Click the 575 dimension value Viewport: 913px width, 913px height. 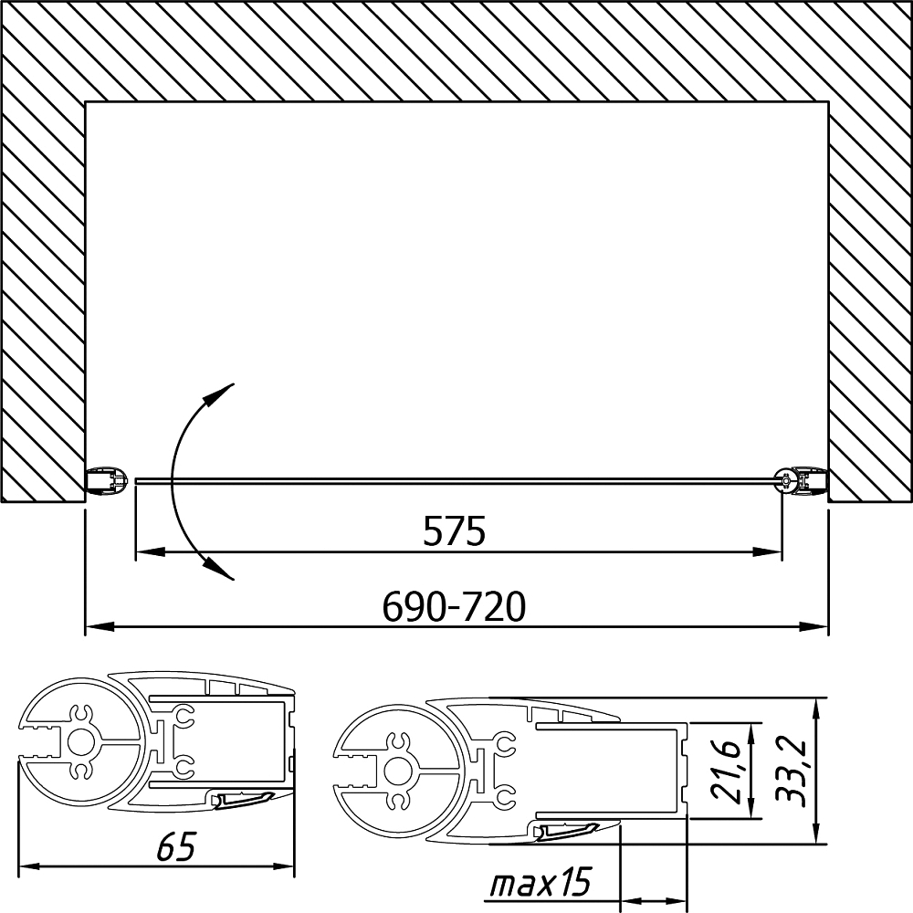point(454,530)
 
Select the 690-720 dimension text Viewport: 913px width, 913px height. point(454,606)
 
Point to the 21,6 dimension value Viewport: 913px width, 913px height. point(726,771)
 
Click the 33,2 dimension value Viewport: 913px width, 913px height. point(792,771)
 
